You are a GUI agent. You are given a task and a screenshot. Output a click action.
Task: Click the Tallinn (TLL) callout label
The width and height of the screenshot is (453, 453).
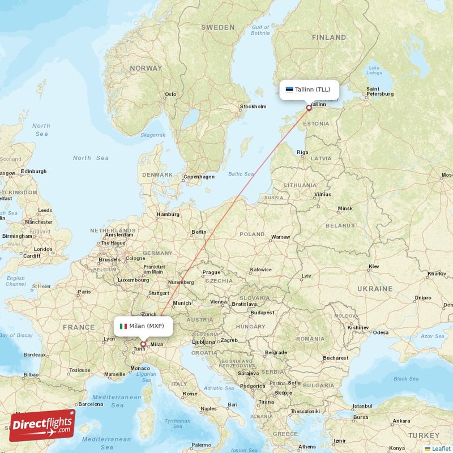310,89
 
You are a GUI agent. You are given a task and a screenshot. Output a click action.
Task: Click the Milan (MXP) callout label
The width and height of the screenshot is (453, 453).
143,326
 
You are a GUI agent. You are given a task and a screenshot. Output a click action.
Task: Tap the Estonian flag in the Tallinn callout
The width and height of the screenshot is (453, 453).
289,89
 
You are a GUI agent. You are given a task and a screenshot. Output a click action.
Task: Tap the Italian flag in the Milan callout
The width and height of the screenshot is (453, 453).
123,326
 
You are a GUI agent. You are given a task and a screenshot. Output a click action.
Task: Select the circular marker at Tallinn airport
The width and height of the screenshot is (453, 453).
309,108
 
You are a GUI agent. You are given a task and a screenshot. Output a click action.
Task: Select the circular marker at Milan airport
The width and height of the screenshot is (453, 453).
143,344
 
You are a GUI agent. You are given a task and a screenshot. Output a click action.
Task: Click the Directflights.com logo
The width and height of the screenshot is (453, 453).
42,425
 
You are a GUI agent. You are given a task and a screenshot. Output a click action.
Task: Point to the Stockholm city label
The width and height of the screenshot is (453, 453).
253,106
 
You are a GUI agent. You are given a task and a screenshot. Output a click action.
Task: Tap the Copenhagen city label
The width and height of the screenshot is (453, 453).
199,177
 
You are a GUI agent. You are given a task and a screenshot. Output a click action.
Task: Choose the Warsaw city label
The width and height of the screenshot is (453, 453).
281,237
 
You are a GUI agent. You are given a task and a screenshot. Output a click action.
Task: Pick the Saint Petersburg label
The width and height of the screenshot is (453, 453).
380,91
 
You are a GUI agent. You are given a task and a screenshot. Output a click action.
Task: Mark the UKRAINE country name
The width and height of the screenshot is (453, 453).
374,289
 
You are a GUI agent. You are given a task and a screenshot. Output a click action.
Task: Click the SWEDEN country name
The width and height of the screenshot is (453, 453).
217,27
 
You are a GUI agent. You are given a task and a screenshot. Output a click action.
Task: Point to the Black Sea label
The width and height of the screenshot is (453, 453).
405,379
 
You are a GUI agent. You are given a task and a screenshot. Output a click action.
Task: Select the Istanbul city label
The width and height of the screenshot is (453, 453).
362,406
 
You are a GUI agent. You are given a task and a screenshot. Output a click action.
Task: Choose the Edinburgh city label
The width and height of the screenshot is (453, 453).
33,171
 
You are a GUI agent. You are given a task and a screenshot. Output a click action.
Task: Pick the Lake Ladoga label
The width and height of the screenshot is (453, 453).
374,70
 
